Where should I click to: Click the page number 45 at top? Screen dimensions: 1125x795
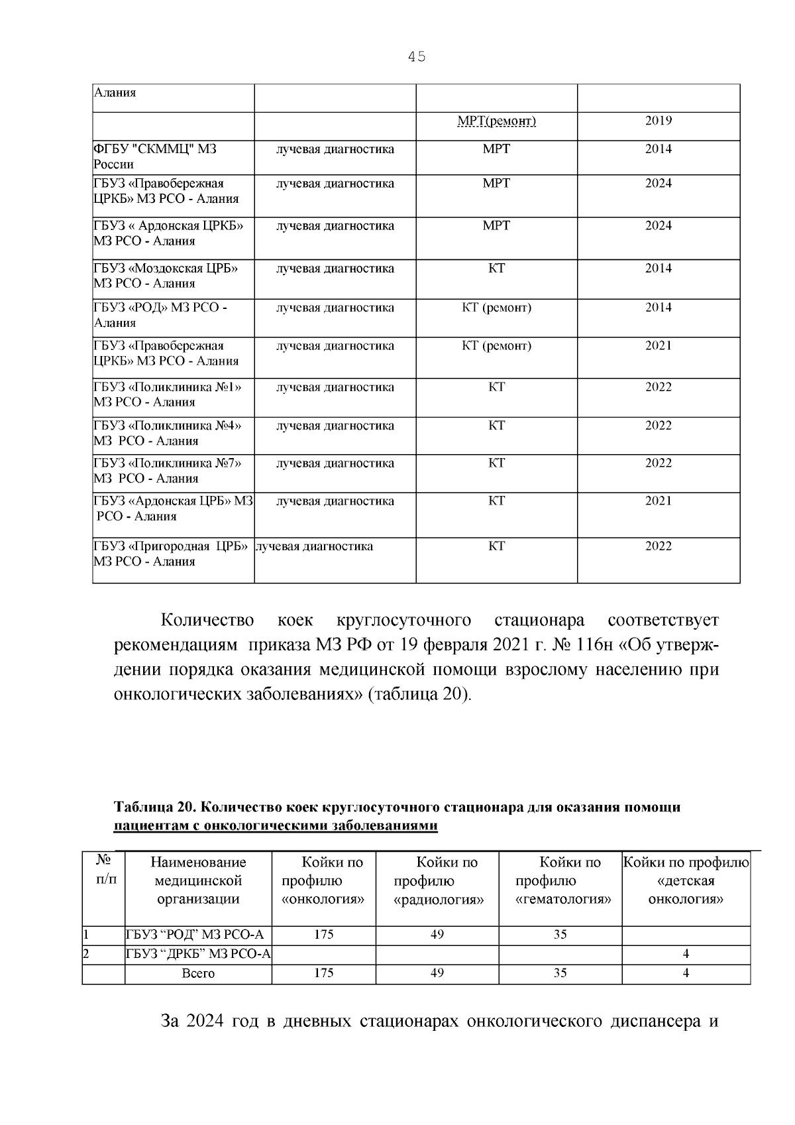[x=417, y=57]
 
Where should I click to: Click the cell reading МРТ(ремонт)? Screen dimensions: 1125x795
[x=496, y=121]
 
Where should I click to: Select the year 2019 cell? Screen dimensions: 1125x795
[x=658, y=121]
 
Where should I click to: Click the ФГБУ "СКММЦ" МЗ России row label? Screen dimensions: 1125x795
[x=154, y=156]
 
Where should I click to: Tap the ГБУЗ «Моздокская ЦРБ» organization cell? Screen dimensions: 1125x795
[x=165, y=276]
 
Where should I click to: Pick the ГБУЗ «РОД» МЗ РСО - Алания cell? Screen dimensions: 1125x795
[x=160, y=315]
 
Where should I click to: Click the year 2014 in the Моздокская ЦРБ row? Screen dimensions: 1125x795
[x=658, y=268]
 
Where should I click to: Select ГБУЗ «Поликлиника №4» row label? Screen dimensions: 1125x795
[x=166, y=433]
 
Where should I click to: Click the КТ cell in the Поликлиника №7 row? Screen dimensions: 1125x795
[x=496, y=463]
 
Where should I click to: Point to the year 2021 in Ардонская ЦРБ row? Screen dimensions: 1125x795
[x=658, y=501]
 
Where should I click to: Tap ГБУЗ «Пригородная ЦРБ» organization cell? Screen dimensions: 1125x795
[x=170, y=554]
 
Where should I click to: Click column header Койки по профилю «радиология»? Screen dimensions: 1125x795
[x=438, y=881]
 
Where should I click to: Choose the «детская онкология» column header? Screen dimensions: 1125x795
[x=685, y=881]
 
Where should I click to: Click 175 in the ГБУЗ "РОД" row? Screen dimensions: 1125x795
[x=323, y=935]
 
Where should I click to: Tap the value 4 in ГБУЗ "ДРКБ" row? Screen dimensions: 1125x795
[x=685, y=954]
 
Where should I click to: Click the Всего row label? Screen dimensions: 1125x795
[x=198, y=973]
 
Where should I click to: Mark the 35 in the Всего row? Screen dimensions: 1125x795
[x=560, y=973]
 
